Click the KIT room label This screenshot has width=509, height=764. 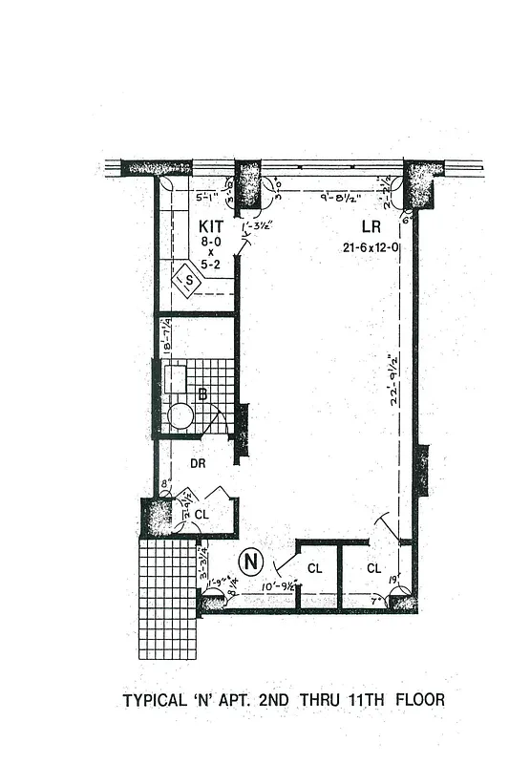[212, 226]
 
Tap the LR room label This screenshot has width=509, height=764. [371, 227]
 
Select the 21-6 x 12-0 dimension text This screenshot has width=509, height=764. [371, 246]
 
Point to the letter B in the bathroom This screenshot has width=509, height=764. [201, 393]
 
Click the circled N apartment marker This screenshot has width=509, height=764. [250, 562]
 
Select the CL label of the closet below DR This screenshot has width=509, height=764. [201, 514]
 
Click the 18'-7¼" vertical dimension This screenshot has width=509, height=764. [167, 336]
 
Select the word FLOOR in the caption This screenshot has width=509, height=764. [421, 701]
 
